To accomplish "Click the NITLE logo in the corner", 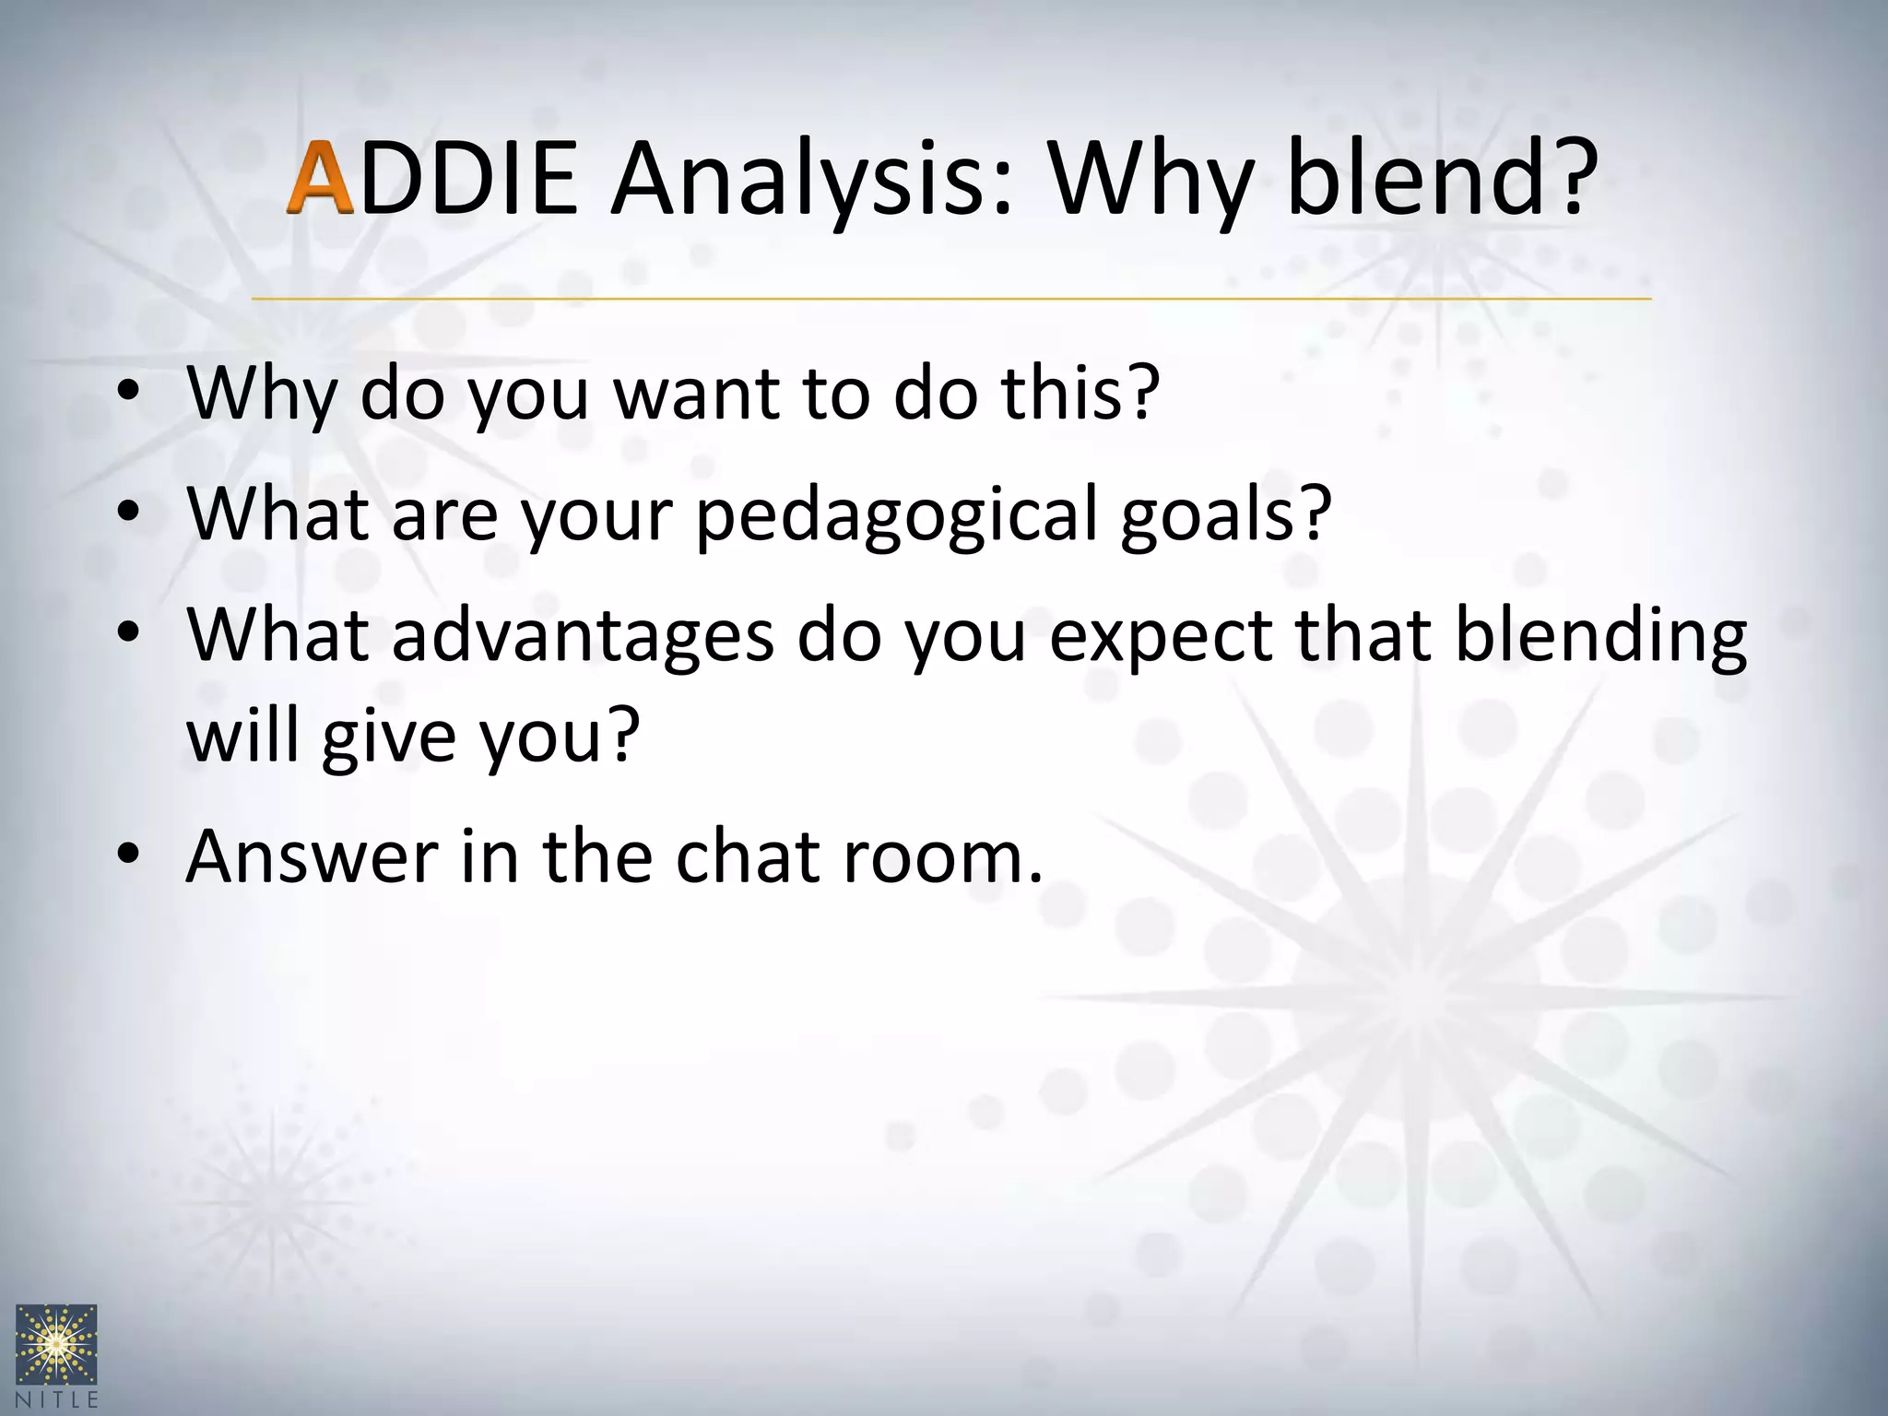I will point(56,1354).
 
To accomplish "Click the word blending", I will point(1600,636).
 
